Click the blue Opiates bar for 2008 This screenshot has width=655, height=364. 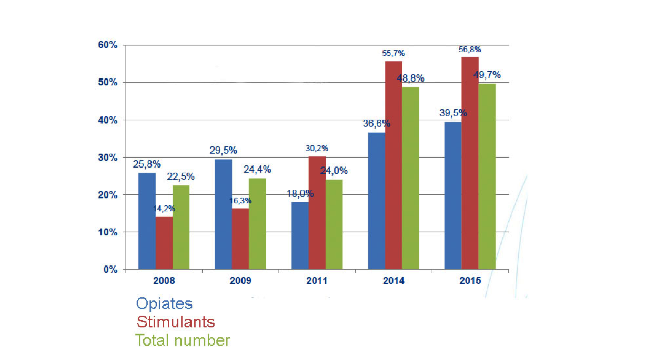pos(147,221)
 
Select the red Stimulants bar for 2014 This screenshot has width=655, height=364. pos(394,165)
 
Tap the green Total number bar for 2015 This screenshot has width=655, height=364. pos(487,176)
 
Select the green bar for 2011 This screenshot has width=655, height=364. pos(334,224)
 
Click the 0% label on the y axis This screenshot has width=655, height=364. pos(109,270)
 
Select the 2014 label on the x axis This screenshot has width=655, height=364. pos(394,281)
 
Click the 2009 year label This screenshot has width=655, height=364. pos(240,281)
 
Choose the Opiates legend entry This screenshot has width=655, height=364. pos(164,304)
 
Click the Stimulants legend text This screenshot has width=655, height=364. pos(175,322)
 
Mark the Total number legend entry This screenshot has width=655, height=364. pos(183,340)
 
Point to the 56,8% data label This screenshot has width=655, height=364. pos(470,50)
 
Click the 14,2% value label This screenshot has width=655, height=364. pos(164,209)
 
